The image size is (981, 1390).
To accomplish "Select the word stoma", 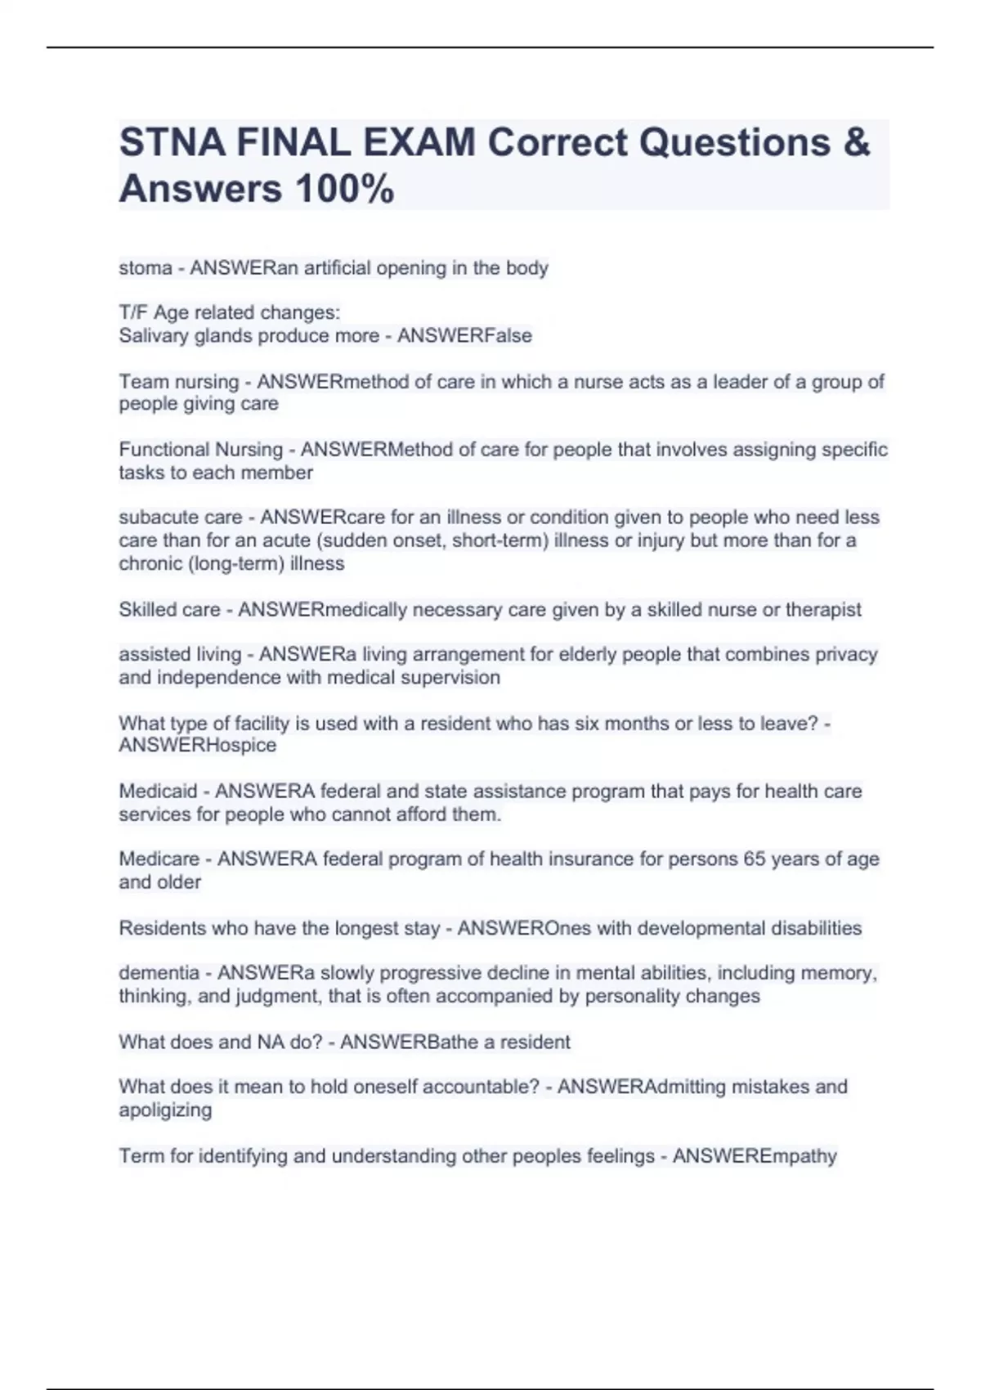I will (146, 268).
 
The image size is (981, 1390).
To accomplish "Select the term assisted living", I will (180, 655).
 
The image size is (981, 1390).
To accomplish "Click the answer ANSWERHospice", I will (197, 746).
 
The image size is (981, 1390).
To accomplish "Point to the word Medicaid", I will (158, 791).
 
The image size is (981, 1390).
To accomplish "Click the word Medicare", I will (159, 859).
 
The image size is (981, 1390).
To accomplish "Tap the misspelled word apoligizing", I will (165, 1110).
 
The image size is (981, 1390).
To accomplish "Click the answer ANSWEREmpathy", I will (755, 1156).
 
